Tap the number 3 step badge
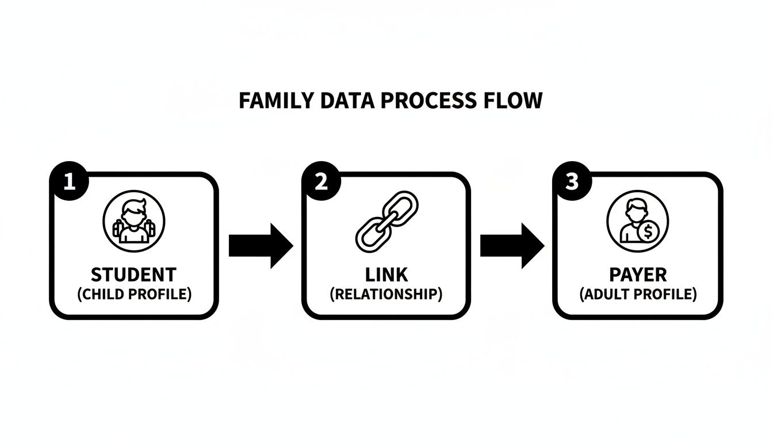tap(571, 182)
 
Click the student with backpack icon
tap(134, 222)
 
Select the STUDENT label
tap(134, 274)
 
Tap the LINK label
tap(386, 274)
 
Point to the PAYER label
tap(638, 274)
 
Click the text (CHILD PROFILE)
tap(134, 294)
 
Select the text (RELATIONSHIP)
tap(386, 294)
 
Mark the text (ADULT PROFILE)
tap(638, 294)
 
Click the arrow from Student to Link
tap(261, 246)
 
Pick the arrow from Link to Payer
tap(512, 246)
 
